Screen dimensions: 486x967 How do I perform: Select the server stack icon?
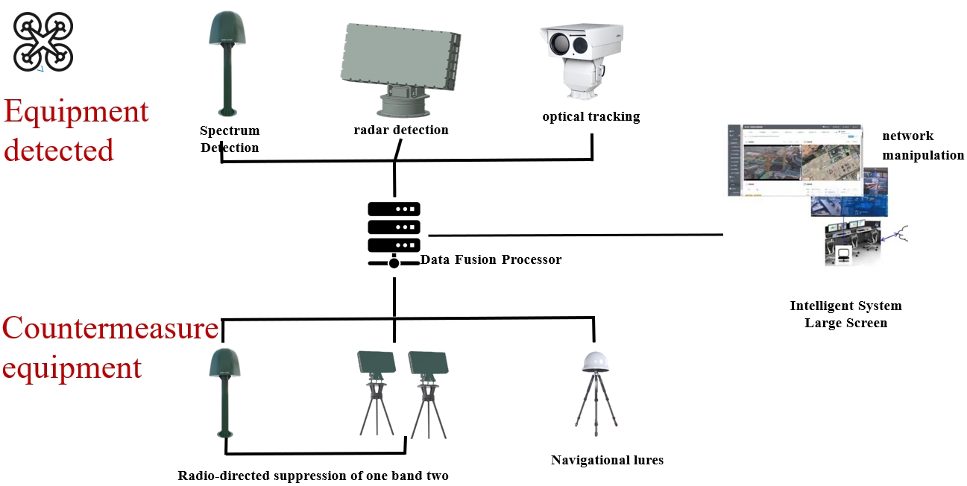394,227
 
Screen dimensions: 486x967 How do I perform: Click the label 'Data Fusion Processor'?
491,260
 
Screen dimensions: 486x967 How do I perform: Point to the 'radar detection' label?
401,130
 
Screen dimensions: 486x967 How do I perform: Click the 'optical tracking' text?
590,117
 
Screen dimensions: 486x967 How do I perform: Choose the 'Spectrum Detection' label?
230,139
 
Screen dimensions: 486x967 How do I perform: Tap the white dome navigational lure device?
596,362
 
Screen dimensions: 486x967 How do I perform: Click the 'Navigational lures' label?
607,460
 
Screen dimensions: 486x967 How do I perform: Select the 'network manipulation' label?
922,145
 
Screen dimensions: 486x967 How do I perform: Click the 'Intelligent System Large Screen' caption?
845,315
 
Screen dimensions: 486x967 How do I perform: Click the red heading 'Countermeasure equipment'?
110,348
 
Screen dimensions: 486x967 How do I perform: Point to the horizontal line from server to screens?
574,236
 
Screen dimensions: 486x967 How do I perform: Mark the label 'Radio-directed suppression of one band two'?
313,476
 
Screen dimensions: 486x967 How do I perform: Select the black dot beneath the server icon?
394,263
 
